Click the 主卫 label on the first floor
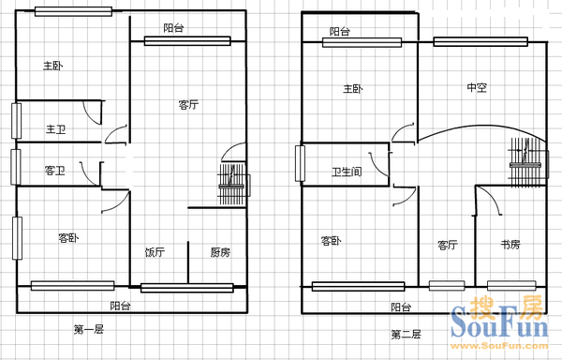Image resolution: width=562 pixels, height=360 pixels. click(x=56, y=129)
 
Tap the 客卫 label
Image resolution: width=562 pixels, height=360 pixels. click(x=55, y=171)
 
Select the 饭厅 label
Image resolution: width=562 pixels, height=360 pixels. click(x=155, y=252)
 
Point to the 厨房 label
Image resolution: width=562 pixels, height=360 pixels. click(x=220, y=252)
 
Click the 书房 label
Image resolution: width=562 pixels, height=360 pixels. click(x=510, y=245)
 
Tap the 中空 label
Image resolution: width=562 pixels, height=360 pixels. click(x=477, y=87)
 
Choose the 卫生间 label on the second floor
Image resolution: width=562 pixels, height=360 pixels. click(x=347, y=172)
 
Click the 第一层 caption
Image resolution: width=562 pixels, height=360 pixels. click(x=89, y=329)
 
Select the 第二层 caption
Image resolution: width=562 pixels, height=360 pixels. click(x=407, y=335)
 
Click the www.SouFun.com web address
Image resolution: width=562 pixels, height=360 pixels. click(x=499, y=346)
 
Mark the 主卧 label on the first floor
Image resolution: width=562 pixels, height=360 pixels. click(x=53, y=66)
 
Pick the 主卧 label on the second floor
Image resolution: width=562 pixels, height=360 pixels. click(x=353, y=88)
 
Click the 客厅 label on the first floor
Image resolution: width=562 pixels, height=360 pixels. click(x=188, y=105)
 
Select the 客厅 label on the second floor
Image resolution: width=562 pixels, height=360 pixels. click(x=448, y=245)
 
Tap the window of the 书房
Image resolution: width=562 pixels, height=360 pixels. click(x=511, y=286)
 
